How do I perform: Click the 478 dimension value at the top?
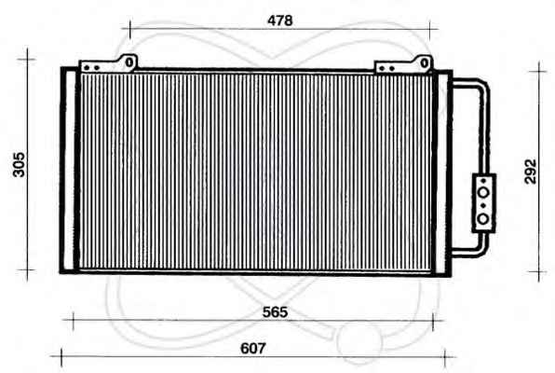[280, 21]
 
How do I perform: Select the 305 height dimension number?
[19, 164]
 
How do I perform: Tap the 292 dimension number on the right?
[530, 172]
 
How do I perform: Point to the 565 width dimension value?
[275, 312]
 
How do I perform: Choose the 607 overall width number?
[252, 348]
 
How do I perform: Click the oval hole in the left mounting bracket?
[129, 62]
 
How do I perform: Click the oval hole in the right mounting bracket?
[425, 63]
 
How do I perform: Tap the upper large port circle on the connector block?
[483, 193]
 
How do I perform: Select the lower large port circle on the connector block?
[483, 219]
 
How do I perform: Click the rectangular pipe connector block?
[484, 203]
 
